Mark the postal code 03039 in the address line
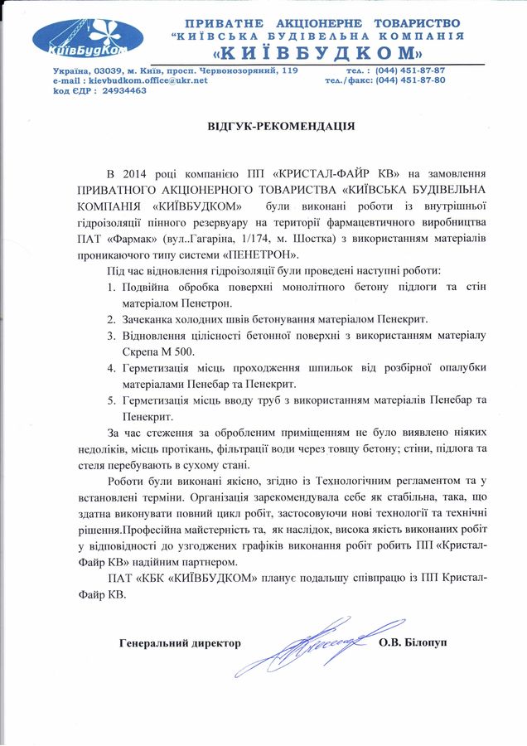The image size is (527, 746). tap(109, 70)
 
